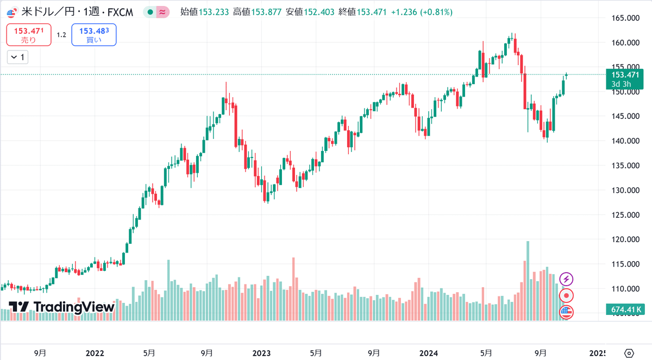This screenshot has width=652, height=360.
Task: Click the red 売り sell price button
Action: pos(29,35)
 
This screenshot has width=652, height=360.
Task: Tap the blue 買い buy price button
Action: pos(94,35)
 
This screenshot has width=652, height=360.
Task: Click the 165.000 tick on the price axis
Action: pos(625,18)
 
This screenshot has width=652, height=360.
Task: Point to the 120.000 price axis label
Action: pos(625,239)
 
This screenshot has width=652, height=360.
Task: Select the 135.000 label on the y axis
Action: pos(625,166)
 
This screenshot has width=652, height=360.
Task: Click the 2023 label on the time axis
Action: pos(261,353)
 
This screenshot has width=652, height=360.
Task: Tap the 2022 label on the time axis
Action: pos(95,353)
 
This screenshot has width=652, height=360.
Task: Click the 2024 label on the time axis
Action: pos(429,353)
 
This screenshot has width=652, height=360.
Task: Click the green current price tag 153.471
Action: pos(625,79)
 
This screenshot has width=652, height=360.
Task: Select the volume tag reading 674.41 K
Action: pos(625,310)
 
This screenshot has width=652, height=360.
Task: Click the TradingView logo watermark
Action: pos(62,307)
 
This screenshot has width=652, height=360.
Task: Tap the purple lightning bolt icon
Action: pos(566,279)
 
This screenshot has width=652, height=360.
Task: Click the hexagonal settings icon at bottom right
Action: pos(629,353)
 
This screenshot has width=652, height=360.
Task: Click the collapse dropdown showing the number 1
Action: pos(18,58)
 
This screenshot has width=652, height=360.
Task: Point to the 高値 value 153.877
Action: pos(266,12)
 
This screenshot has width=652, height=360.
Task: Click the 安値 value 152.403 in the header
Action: pos(319,12)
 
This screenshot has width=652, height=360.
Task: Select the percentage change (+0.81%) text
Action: pos(436,12)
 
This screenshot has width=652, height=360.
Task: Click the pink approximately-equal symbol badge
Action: pos(162,12)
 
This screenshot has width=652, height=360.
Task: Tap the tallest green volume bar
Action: pos(528,281)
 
